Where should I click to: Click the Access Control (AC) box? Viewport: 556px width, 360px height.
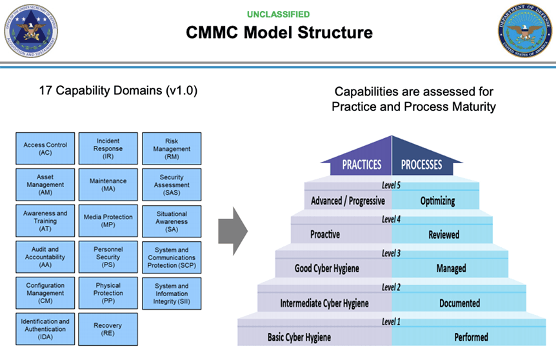[45, 148]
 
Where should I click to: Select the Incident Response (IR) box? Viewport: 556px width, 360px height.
[108, 148]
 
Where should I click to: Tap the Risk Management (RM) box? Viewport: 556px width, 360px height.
[172, 148]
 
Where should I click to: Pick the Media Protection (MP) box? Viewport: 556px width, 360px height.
[108, 221]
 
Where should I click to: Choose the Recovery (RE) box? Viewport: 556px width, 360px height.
[108, 330]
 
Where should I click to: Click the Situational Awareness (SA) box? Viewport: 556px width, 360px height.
[172, 221]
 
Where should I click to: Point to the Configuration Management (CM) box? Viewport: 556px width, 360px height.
[45, 293]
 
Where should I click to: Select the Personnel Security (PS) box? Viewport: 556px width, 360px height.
[108, 257]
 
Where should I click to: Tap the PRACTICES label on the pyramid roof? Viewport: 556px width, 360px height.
[361, 165]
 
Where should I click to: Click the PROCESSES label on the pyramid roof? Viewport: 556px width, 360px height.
[421, 165]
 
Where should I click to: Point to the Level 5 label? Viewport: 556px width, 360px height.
[391, 186]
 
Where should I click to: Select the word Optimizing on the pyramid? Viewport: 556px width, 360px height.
[437, 201]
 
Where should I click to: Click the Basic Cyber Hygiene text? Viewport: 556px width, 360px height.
[299, 337]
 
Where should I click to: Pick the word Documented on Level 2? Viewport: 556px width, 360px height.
[459, 303]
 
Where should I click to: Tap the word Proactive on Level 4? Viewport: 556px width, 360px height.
[325, 235]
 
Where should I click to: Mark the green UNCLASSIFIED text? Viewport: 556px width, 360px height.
[278, 14]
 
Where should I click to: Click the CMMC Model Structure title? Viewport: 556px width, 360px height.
[279, 32]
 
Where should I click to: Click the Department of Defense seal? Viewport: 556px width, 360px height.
[526, 32]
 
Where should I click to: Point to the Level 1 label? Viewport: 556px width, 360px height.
[391, 321]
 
